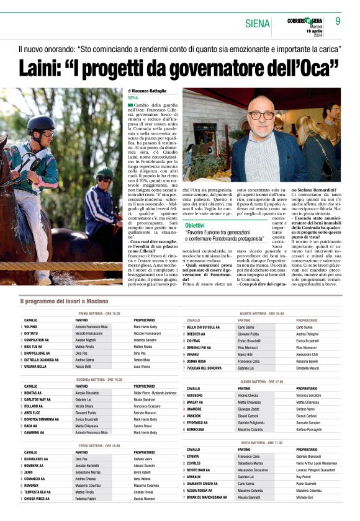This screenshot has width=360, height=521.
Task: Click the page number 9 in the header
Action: [x=338, y=20]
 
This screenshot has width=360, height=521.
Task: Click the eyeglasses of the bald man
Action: [x=261, y=115]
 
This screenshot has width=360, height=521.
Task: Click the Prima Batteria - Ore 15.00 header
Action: [x=99, y=314]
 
